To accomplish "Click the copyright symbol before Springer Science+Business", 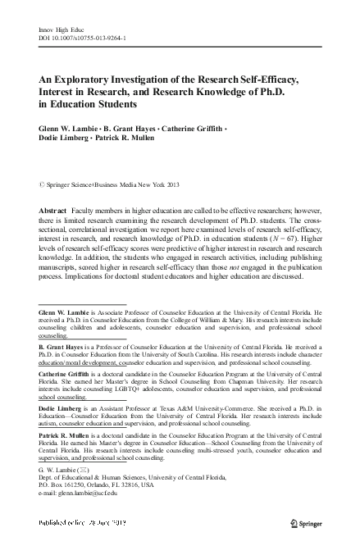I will tap(42, 186).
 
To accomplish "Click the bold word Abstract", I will tap(55, 212).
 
